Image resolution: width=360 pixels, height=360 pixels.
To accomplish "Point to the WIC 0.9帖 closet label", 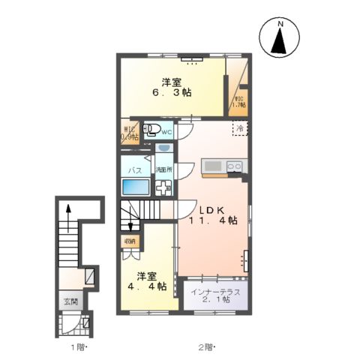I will tap(130, 133).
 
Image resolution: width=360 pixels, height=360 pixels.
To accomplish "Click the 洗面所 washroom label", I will tap(163, 171).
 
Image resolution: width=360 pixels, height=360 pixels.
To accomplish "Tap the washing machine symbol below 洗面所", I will tap(163, 188).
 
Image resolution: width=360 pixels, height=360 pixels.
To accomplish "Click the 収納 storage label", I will tap(128, 241).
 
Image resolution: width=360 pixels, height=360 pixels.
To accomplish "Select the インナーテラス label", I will tap(215, 292).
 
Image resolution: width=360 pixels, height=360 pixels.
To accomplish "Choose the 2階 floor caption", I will tap(206, 347).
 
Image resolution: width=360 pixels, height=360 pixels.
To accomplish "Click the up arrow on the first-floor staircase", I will tap(69, 212).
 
